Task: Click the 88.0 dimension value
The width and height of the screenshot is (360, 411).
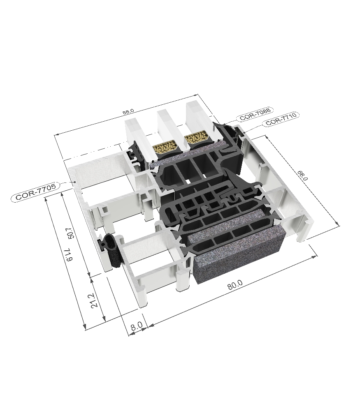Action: point(128,111)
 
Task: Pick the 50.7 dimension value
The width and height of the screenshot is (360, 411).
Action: point(69,235)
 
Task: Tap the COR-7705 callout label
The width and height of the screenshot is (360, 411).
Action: point(36,194)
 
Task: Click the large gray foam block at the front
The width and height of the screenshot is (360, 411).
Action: point(239,259)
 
